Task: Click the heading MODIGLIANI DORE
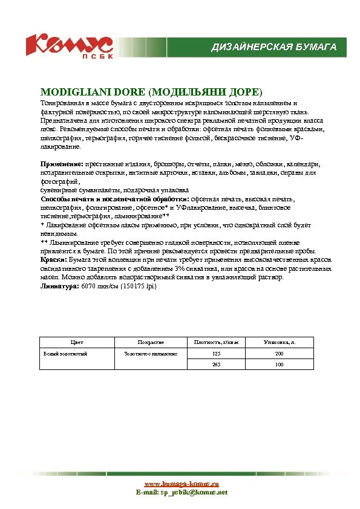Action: [151, 92]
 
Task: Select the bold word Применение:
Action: [62, 164]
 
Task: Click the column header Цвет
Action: [77, 342]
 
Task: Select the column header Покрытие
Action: [151, 342]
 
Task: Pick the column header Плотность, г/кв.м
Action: [216, 342]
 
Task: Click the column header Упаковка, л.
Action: [279, 342]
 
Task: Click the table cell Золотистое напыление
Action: [151, 353]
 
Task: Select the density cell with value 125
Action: [216, 353]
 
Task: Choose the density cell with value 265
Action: [216, 365]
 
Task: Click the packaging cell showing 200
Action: [279, 353]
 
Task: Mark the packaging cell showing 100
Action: [279, 365]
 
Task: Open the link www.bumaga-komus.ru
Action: [181, 484]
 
